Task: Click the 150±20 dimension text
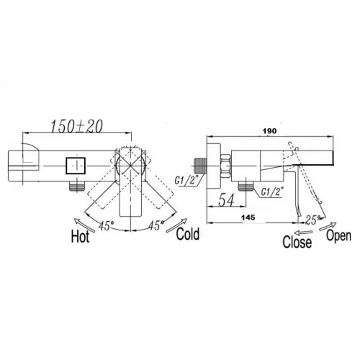point(77,126)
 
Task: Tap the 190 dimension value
point(269,131)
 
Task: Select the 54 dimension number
point(226,200)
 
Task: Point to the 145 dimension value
point(248,217)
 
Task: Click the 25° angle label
point(312,220)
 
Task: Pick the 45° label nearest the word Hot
point(106,225)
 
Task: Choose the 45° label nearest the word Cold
point(156,225)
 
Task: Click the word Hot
point(80,236)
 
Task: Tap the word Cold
point(188,234)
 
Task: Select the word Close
point(297,242)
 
